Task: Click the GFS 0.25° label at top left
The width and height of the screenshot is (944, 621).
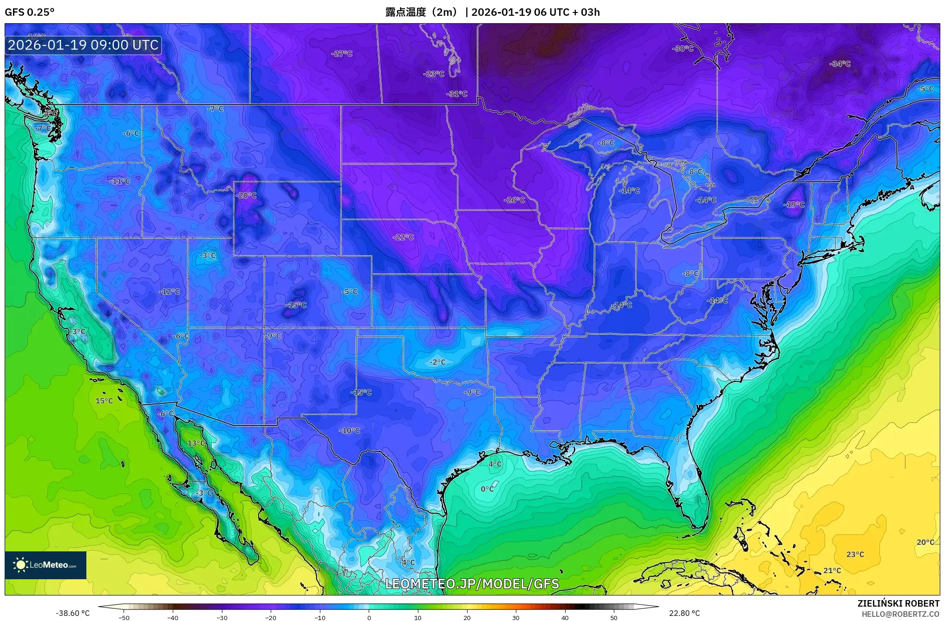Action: [x=29, y=12]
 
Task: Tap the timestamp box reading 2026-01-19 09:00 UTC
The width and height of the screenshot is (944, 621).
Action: [x=83, y=45]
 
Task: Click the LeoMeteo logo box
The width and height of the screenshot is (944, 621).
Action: [x=46, y=565]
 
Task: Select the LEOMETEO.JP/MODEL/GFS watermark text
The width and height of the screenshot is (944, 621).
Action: [x=472, y=583]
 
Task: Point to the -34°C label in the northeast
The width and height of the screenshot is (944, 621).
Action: [x=840, y=64]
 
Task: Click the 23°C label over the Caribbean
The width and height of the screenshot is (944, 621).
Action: [x=855, y=554]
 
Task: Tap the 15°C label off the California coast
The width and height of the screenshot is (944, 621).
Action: [x=104, y=401]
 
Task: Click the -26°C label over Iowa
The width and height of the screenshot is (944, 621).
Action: [x=514, y=200]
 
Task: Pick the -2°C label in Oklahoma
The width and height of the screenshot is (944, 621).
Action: [x=437, y=362]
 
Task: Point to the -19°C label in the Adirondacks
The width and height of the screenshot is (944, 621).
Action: [x=794, y=205]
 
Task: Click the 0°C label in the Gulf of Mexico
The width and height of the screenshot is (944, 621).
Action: [x=487, y=489]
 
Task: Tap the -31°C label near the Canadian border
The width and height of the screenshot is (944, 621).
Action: [x=457, y=94]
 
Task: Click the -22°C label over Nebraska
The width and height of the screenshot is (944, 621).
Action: [x=403, y=237]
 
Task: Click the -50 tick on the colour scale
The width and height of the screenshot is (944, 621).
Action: [x=124, y=617]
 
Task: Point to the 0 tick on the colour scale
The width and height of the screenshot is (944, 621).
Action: [x=369, y=617]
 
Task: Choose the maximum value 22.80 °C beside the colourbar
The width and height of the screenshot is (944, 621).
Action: [x=684, y=613]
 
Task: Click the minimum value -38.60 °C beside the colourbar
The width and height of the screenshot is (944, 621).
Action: [x=73, y=613]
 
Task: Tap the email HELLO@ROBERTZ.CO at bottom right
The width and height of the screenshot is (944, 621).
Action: [x=900, y=614]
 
